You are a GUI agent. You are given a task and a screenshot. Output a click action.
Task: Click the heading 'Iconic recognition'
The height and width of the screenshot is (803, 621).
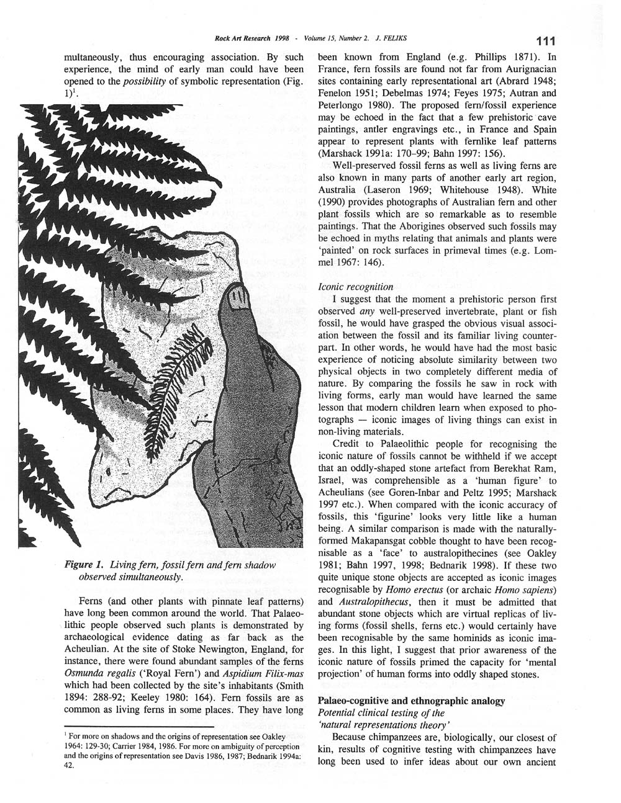[x=355, y=287]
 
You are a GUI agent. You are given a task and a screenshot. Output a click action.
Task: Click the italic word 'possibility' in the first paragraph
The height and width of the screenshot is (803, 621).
[x=150, y=81]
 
